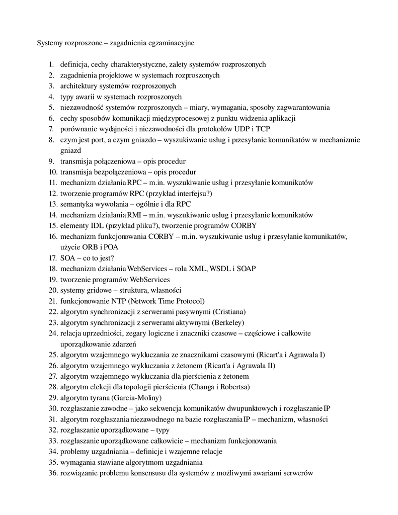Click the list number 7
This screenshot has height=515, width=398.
[x=51, y=129]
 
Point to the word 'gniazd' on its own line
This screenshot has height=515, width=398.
[x=70, y=150]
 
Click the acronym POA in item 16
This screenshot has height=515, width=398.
[x=112, y=247]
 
